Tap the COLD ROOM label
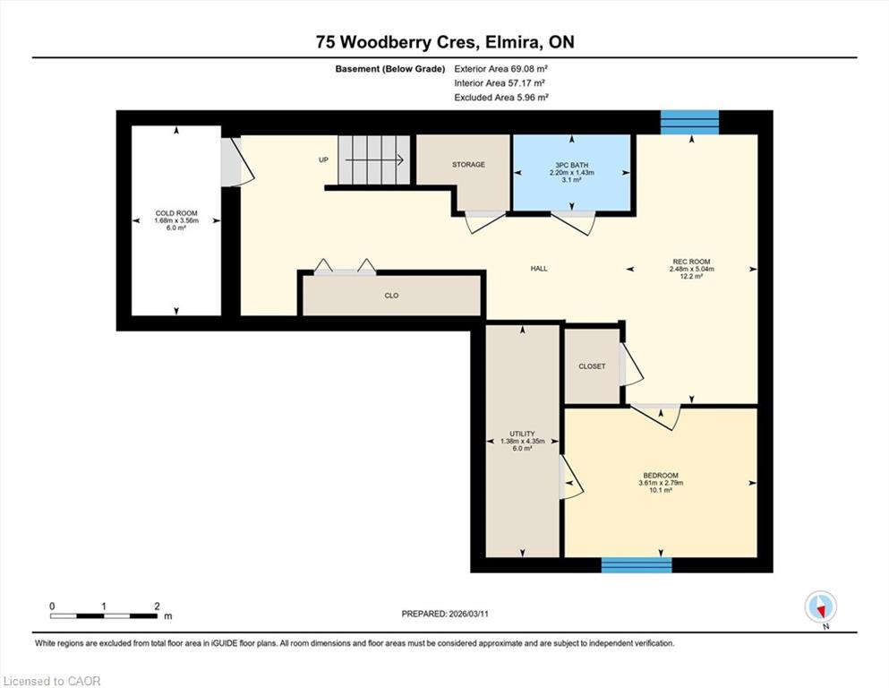pyautogui.click(x=176, y=213)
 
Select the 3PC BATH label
pyautogui.click(x=571, y=165)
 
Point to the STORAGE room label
pyautogui.click(x=468, y=165)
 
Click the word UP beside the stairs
pyautogui.click(x=323, y=160)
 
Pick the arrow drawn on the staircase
pyautogui.click(x=374, y=160)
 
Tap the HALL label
pyautogui.click(x=539, y=268)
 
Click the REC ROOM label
pyautogui.click(x=691, y=262)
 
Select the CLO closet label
pyautogui.click(x=391, y=296)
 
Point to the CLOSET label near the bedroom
pyautogui.click(x=592, y=366)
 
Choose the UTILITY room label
pyautogui.click(x=522, y=434)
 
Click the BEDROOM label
pyautogui.click(x=661, y=476)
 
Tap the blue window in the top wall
pyautogui.click(x=690, y=123)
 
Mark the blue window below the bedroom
pyautogui.click(x=637, y=565)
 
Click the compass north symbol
pyautogui.click(x=821, y=607)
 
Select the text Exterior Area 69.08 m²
pyautogui.click(x=500, y=69)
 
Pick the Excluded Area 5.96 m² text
pyautogui.click(x=501, y=97)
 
